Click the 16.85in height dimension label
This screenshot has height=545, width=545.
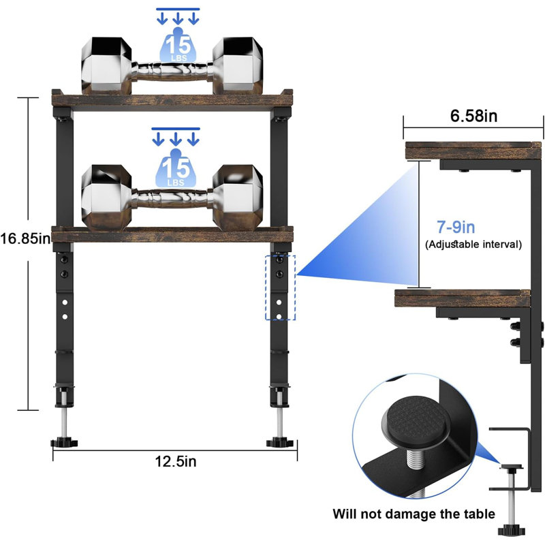tap(25, 239)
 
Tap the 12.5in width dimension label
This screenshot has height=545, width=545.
tap(176, 462)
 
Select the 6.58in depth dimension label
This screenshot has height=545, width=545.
tap(473, 116)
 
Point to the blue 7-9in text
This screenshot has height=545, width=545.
tap(456, 227)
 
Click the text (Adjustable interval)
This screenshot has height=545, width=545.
tap(473, 245)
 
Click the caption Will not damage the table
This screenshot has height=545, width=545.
tap(414, 514)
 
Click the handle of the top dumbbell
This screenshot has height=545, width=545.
tap(172, 72)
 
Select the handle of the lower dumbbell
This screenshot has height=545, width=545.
tap(172, 199)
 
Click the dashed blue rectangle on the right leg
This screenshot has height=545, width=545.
tap(280, 287)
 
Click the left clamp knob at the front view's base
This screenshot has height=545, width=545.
tap(64, 442)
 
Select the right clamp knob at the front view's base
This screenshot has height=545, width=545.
tap(280, 442)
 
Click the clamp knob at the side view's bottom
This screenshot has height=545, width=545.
tap(512, 531)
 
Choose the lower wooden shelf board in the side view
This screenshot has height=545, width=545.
tap(463, 298)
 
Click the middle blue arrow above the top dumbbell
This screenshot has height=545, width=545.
tap(178, 18)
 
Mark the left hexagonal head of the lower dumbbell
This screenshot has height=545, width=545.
tap(107, 198)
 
